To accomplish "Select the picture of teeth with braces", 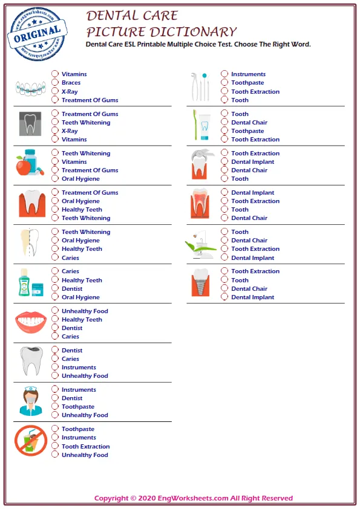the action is pos(30,88).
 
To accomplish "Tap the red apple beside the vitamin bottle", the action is pos(24,166).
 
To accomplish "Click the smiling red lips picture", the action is pos(30,322).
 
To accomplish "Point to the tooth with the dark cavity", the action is pos(30,361).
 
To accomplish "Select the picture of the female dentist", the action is pos(30,401).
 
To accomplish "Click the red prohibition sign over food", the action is pos(30,441).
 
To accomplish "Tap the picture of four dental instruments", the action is pos(200,86).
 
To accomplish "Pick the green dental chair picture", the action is pos(200,243).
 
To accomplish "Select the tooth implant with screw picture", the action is pos(200,282).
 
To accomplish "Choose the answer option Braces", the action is pos(71,83).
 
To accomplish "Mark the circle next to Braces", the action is pos(55,83).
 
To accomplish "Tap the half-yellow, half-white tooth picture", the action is pos(30,244).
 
